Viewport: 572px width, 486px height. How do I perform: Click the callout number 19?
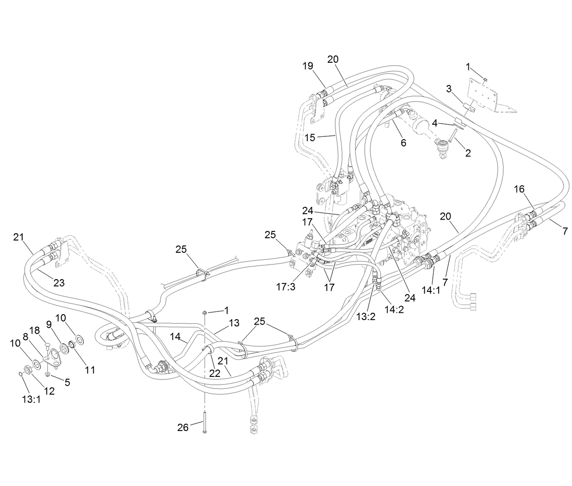click(308, 66)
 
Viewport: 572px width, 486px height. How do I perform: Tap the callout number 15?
click(310, 138)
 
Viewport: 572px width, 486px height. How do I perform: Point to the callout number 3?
click(449, 89)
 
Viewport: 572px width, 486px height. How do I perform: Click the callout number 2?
click(468, 153)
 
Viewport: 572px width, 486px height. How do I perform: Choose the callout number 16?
click(519, 189)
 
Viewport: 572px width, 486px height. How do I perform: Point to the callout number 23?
click(59, 282)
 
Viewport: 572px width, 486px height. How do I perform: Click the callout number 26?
click(183, 428)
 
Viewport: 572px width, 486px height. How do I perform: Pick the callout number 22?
click(215, 373)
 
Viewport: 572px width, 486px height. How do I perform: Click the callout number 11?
click(90, 370)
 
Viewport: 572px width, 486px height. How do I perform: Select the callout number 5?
click(67, 382)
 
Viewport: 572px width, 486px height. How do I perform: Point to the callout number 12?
click(49, 391)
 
